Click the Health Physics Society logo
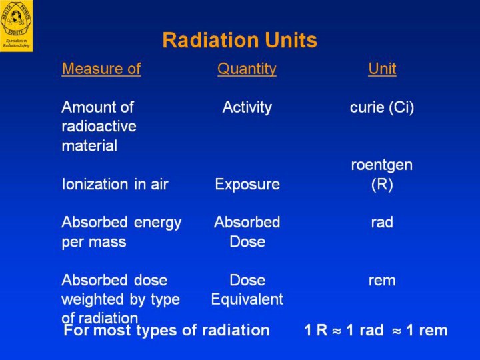click(x=16, y=25)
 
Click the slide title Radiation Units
click(x=239, y=41)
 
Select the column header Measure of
click(x=101, y=69)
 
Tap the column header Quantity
click(x=247, y=69)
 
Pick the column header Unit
click(x=382, y=69)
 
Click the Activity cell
click(x=247, y=107)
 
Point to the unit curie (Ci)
click(x=382, y=107)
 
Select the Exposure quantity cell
click(x=247, y=185)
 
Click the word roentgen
click(x=382, y=165)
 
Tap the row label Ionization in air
click(x=115, y=185)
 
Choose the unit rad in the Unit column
click(x=382, y=223)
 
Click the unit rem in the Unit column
click(x=382, y=281)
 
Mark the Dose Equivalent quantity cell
click(x=247, y=290)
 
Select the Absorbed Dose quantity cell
click(x=247, y=232)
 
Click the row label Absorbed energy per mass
click(x=121, y=232)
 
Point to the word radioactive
click(x=99, y=127)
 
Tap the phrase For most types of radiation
click(x=167, y=330)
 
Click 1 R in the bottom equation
click(x=317, y=330)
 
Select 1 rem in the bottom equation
click(x=427, y=330)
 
